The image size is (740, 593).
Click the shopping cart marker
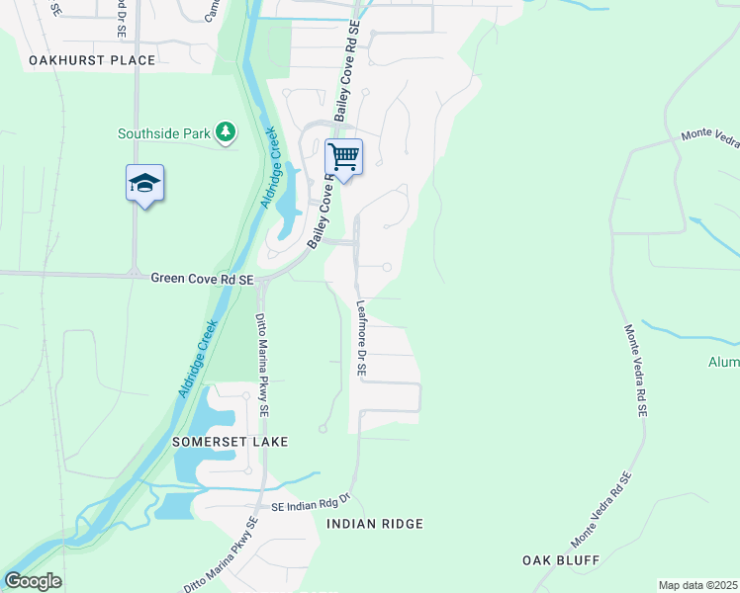pyautogui.click(x=343, y=156)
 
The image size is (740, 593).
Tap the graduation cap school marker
pyautogui.click(x=144, y=183)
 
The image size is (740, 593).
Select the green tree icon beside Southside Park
pyautogui.click(x=227, y=131)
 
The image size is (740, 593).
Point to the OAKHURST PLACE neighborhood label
pyautogui.click(x=92, y=60)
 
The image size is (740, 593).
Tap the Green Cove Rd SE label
pyautogui.click(x=203, y=280)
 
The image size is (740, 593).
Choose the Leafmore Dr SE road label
pyautogui.click(x=361, y=339)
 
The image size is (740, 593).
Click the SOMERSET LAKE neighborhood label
pyautogui.click(x=230, y=442)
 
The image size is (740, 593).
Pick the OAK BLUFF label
pyautogui.click(x=561, y=560)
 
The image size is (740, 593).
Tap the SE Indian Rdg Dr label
pyautogui.click(x=312, y=502)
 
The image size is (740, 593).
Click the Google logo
pyautogui.click(x=33, y=581)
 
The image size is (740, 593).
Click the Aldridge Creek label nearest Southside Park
pyautogui.click(x=269, y=166)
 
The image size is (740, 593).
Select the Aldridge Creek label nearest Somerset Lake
pyautogui.click(x=198, y=358)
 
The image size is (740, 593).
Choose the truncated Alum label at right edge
pyautogui.click(x=723, y=363)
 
